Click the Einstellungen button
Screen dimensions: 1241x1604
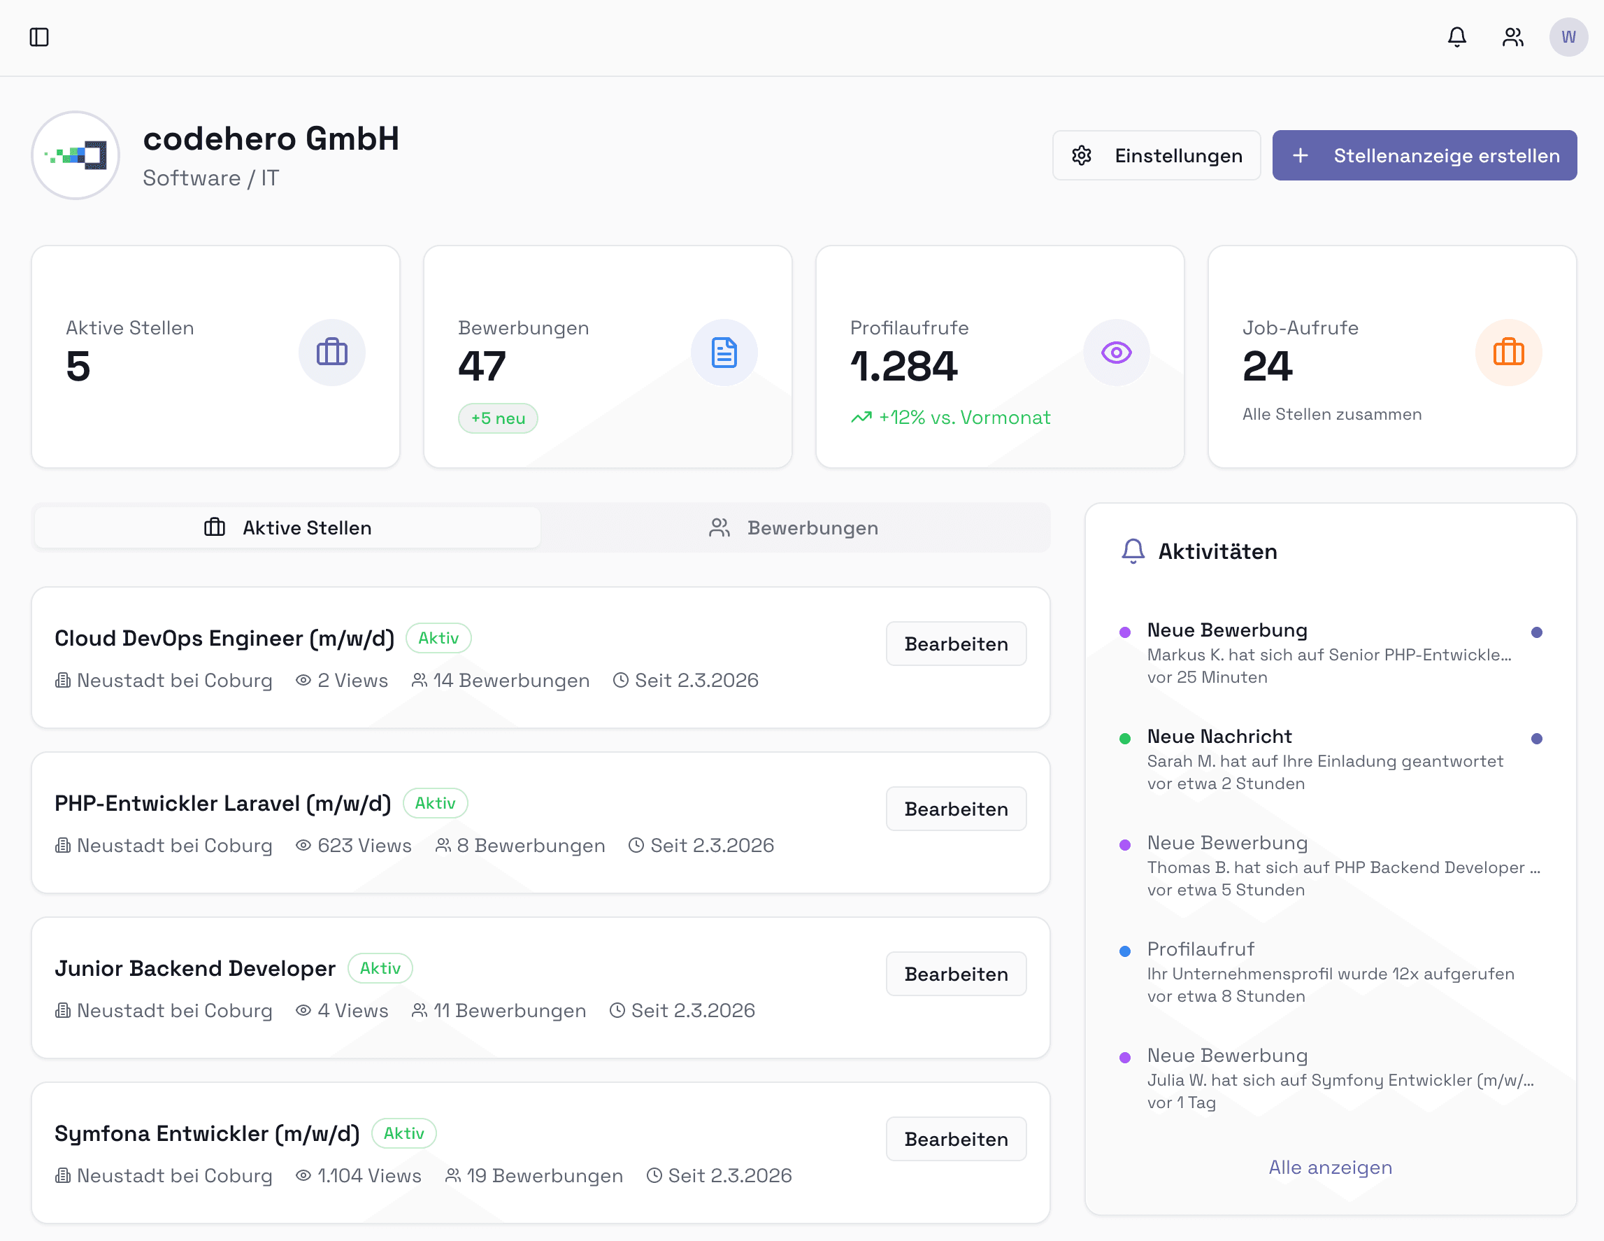coord(1156,155)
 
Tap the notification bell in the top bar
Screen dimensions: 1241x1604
coord(1456,37)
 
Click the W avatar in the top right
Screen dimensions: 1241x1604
coord(1568,37)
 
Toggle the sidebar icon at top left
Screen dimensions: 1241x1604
coord(39,37)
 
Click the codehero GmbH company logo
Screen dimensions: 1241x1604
coord(76,155)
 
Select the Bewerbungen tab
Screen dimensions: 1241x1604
coord(794,527)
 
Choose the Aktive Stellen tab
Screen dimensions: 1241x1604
coord(287,527)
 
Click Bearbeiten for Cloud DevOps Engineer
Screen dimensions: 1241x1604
coord(956,644)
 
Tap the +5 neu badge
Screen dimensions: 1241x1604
coord(498,418)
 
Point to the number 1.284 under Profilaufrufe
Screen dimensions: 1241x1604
coord(903,366)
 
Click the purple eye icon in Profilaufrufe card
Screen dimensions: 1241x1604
coord(1116,353)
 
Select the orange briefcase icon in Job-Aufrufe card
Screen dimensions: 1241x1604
coord(1508,353)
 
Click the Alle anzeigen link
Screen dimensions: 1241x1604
coord(1330,1167)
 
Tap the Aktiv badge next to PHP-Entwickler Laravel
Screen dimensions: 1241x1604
coord(435,803)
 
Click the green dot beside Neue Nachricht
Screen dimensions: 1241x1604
coord(1124,739)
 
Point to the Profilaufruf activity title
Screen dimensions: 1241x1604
coord(1200,949)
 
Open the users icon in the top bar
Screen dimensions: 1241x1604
coord(1512,37)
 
